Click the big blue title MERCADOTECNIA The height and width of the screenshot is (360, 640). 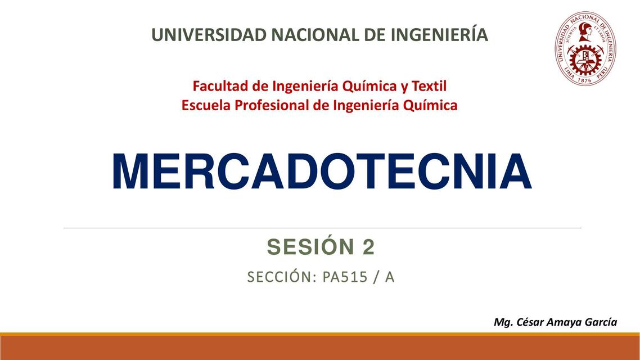[321, 171]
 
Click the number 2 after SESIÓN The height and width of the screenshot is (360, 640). [368, 247]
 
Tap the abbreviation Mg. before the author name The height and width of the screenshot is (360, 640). [503, 322]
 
